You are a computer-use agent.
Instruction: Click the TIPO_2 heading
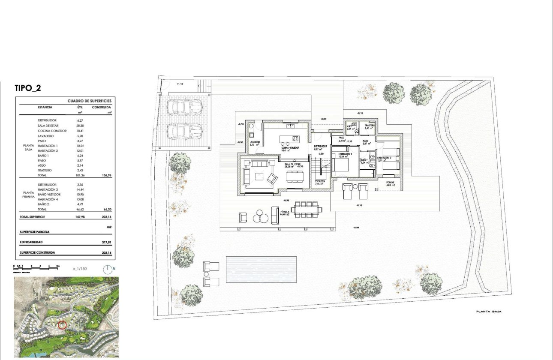point(28,88)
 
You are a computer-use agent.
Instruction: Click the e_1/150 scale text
point(80,269)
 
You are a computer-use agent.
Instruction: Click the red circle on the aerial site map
point(62,325)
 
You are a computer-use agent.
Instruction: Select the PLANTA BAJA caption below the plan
point(488,312)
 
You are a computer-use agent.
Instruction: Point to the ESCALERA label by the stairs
point(320,181)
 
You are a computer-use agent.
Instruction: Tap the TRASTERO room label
point(370,125)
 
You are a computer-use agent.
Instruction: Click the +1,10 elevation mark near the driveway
point(180,84)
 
